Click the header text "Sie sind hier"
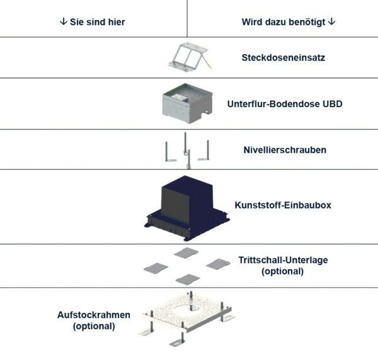[x=96, y=21]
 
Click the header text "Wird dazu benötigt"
[x=284, y=21]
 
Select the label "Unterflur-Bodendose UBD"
[x=284, y=104]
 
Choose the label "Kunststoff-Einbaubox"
[x=282, y=205]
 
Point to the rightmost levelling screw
[x=205, y=152]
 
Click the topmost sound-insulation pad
[x=186, y=253]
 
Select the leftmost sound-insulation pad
[x=156, y=268]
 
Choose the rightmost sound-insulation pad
[x=218, y=264]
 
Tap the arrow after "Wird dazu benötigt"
[x=332, y=21]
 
